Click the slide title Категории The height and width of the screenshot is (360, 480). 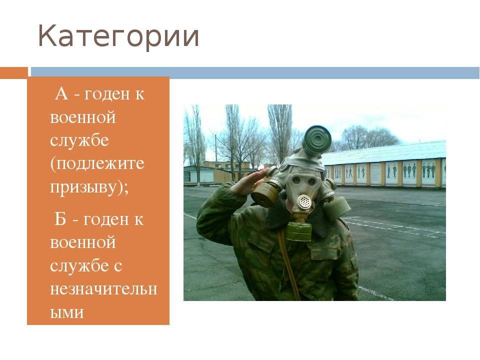click(118, 36)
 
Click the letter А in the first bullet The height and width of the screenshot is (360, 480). click(61, 94)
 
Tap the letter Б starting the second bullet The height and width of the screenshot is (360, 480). click(60, 219)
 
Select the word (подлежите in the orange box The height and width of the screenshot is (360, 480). click(97, 164)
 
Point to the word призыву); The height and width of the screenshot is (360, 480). click(89, 187)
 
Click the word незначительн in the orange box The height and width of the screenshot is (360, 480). click(103, 288)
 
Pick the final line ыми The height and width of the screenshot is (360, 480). click(66, 312)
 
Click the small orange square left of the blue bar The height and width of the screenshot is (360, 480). click(14, 73)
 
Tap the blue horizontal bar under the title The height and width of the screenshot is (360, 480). click(255, 73)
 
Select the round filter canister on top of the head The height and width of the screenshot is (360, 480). click(317, 139)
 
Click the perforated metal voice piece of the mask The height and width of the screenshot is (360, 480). click(304, 202)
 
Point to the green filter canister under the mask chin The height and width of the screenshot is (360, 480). click(299, 230)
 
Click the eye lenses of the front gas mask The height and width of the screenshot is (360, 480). click(303, 181)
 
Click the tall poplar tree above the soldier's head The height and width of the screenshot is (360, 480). click(279, 131)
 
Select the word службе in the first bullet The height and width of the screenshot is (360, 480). click(79, 140)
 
